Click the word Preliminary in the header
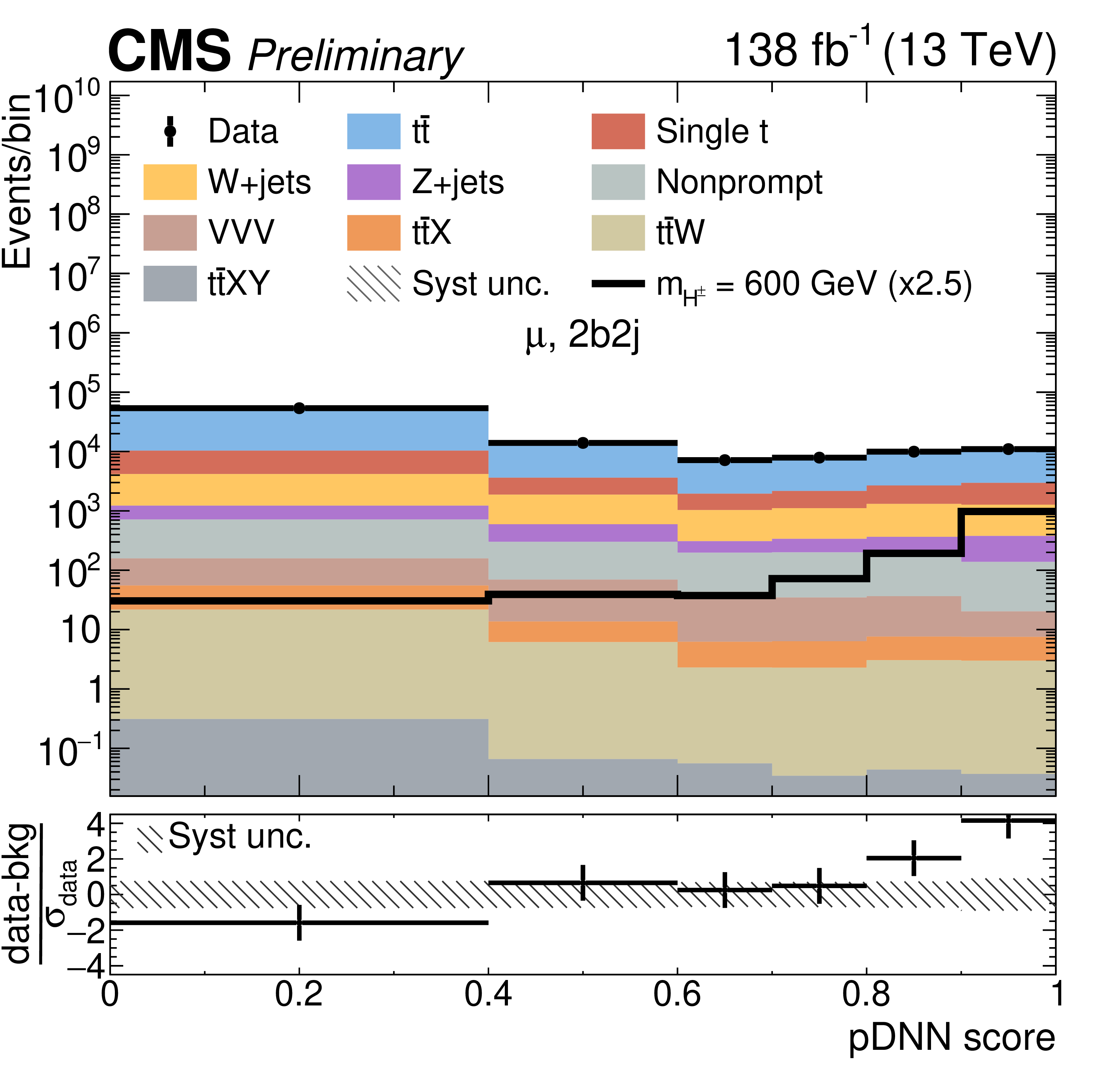click(355, 56)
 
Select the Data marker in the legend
click(169, 131)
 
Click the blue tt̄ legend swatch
click(374, 131)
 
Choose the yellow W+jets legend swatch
click(169, 182)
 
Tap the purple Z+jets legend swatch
click(374, 182)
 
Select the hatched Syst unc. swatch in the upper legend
click(374, 283)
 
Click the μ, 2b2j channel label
click(582, 336)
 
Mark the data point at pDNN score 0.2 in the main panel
click(299, 408)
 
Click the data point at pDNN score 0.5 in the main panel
click(583, 442)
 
